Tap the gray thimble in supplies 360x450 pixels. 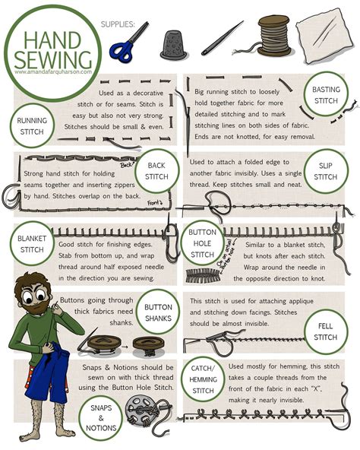pyautogui.click(x=172, y=46)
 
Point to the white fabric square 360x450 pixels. pyautogui.click(x=327, y=38)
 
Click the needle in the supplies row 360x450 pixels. pyautogui.click(x=222, y=38)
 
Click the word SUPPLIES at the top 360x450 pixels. pyautogui.click(x=118, y=24)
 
